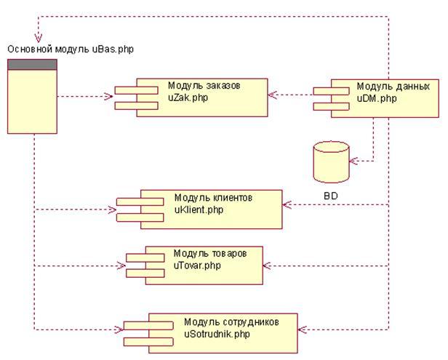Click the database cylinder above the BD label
[331, 161]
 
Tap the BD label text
[332, 196]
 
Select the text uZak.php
[187, 97]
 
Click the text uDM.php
[376, 97]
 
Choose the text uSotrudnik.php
[217, 334]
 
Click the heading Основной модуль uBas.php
[71, 49]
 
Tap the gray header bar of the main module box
[32, 65]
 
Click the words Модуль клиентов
[213, 198]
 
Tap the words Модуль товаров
[209, 253]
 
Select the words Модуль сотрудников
[231, 322]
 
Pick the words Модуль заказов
[203, 85]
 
